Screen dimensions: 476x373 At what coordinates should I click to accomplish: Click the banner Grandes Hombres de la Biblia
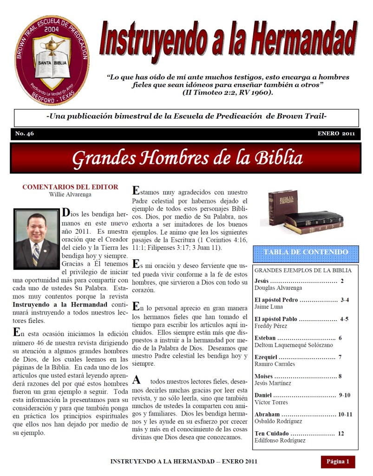coord(187,158)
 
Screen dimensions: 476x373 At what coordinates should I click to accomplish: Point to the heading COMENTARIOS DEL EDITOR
coord(70,187)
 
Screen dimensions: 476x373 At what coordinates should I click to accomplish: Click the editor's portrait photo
coord(37,239)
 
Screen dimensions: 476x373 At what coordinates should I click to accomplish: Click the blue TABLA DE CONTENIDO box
coord(306,253)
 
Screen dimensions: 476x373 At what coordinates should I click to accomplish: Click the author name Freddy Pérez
coord(271,326)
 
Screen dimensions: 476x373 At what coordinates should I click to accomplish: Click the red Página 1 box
coord(338,462)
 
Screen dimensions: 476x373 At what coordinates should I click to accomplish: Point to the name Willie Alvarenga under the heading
coord(70,194)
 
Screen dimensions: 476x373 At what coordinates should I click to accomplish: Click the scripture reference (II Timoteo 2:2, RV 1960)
coord(228,93)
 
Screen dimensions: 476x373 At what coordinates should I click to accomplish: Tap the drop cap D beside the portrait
coord(66,213)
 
